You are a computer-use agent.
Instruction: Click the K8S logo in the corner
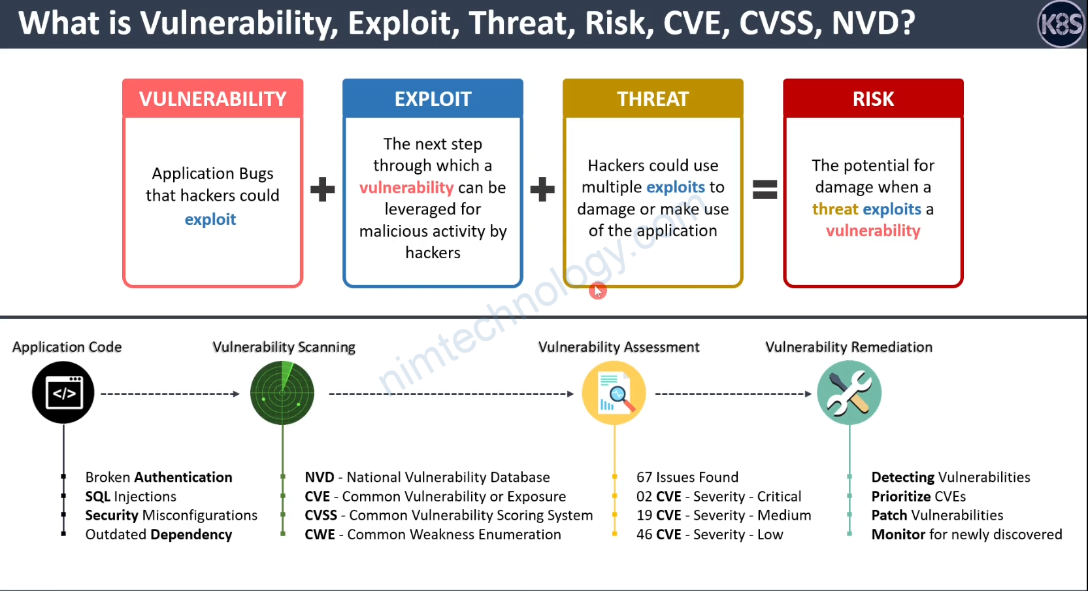[1061, 24]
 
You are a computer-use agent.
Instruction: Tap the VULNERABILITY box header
[212, 99]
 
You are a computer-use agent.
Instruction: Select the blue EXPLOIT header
[433, 99]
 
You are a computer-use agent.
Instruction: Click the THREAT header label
[653, 99]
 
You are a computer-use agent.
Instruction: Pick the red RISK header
[873, 99]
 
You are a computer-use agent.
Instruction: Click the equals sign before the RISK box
[765, 190]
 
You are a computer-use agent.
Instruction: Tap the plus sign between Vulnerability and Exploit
[322, 190]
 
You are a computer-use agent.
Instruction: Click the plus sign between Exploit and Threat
[542, 190]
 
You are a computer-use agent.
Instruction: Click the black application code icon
[63, 393]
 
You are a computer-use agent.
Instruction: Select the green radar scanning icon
[282, 393]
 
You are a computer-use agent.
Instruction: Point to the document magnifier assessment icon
[614, 393]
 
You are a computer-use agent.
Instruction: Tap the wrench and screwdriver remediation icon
[849, 393]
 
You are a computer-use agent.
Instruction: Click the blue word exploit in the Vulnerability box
[210, 220]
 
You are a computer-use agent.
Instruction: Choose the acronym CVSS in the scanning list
[321, 515]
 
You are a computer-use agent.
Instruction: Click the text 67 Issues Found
[687, 477]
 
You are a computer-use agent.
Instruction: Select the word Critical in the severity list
[779, 496]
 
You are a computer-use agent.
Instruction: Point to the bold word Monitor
[898, 534]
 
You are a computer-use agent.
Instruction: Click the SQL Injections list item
[131, 496]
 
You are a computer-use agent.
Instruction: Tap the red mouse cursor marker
[598, 291]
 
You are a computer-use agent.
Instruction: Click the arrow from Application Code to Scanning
[171, 394]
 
